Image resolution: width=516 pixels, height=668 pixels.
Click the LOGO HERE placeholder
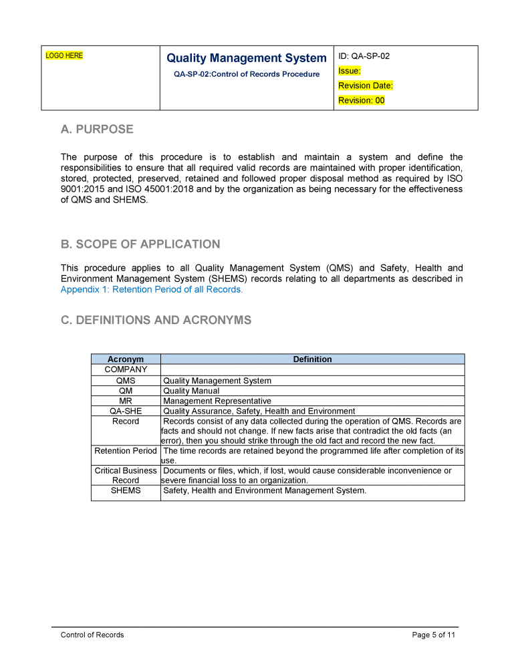tap(64, 56)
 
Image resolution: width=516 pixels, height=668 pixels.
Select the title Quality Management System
tap(246, 59)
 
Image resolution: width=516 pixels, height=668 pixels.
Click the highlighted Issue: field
tap(350, 71)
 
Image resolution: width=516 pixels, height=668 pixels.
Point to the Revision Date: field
tap(366, 86)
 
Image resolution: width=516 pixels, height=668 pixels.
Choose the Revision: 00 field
tap(362, 100)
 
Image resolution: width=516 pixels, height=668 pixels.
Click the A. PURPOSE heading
tap(97, 129)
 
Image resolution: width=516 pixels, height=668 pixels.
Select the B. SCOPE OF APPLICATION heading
tap(140, 244)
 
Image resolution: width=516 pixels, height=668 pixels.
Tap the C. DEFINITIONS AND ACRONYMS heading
tap(156, 320)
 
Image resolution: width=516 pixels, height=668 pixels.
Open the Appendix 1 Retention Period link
tap(152, 290)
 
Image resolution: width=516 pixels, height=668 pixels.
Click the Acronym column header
tap(126, 359)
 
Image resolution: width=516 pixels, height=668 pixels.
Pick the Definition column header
tap(312, 359)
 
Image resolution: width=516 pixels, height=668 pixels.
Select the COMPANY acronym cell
tap(126, 369)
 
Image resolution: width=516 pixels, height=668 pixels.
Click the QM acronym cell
tap(126, 391)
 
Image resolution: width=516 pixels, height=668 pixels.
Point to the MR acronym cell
tap(126, 401)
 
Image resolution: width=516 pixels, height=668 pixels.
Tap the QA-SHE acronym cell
tap(126, 411)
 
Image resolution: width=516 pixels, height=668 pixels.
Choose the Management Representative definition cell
tap(217, 401)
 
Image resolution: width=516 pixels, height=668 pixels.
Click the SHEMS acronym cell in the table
tap(126, 491)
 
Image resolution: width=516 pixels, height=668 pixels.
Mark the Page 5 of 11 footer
tap(434, 635)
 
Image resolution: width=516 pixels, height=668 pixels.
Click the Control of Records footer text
tap(92, 635)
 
